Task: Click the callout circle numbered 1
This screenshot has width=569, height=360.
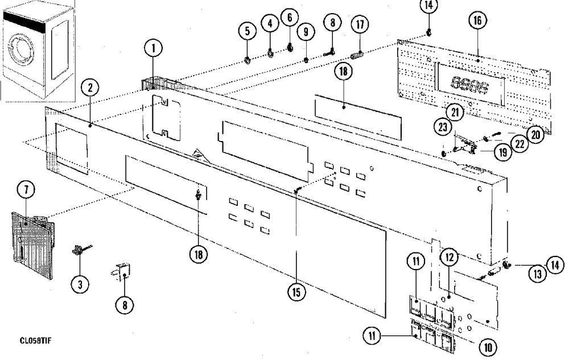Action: pyautogui.click(x=152, y=49)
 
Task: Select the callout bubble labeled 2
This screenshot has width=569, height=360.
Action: pyautogui.click(x=89, y=88)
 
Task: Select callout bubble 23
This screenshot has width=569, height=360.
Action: pyautogui.click(x=441, y=127)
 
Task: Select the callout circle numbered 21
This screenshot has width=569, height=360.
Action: pyautogui.click(x=455, y=112)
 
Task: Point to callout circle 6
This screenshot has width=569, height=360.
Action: pyautogui.click(x=289, y=18)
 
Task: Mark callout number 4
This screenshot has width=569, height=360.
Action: pyautogui.click(x=270, y=23)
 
